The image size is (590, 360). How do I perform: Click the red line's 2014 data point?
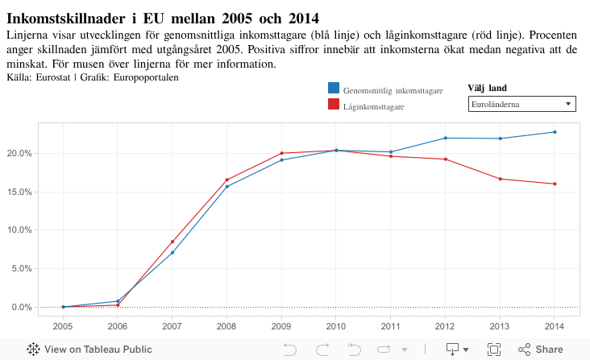click(x=555, y=184)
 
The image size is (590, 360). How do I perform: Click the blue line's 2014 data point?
click(x=555, y=132)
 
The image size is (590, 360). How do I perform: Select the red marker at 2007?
click(x=172, y=242)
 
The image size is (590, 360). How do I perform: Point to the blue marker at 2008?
click(x=227, y=186)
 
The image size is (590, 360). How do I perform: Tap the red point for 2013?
click(x=501, y=179)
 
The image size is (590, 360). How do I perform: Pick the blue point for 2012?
click(x=446, y=138)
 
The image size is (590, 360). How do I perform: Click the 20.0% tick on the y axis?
click(x=19, y=153)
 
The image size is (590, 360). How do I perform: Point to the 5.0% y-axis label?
click(x=21, y=268)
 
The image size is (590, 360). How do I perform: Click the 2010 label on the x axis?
click(x=336, y=326)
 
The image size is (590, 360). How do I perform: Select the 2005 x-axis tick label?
click(x=63, y=326)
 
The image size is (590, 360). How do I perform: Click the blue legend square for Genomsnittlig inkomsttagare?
click(x=334, y=89)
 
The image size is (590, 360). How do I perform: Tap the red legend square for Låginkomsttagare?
click(x=334, y=105)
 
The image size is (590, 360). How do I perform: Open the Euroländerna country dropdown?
click(x=521, y=105)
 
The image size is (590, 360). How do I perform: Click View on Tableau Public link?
click(x=89, y=350)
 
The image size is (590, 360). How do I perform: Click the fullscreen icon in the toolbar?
click(x=494, y=350)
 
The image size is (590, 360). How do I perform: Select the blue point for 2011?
click(x=391, y=151)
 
